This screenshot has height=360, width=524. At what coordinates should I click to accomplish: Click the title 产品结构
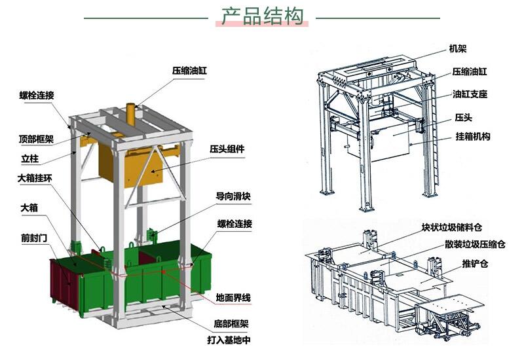point(263,16)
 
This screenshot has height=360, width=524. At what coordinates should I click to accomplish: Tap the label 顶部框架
point(36,139)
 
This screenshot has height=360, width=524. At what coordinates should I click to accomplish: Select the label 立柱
point(29,158)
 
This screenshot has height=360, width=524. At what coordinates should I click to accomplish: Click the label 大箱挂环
point(36,177)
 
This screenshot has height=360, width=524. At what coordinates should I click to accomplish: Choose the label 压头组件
point(227,149)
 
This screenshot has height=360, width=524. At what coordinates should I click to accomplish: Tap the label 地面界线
point(234,298)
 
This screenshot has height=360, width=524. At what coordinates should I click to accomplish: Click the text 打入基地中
point(229,340)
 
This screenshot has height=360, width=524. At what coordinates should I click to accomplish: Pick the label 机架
point(458,49)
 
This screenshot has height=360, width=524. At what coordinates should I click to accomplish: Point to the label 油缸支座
point(470,94)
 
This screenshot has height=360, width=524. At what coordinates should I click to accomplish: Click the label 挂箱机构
point(473,137)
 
